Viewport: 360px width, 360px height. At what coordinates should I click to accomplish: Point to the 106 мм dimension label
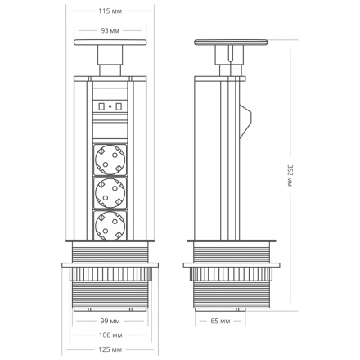[110, 335]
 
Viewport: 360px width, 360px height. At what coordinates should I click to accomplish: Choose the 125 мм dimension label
[110, 350]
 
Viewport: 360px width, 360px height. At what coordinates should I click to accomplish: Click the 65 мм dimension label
[219, 321]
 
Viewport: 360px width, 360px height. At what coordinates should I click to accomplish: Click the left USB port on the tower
[101, 106]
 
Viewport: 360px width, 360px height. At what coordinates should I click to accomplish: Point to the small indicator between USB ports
[110, 106]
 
